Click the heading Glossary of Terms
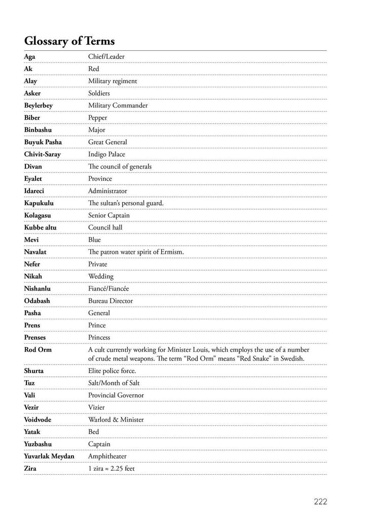tap(69, 41)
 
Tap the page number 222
tap(320, 502)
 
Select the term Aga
tap(29, 57)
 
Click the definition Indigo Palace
tap(106, 154)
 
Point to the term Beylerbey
tap(38, 106)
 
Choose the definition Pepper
tap(98, 118)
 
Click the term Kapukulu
tap(39, 203)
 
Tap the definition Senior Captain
tap(109, 215)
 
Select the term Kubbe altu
tap(40, 227)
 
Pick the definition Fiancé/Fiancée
tap(108, 288)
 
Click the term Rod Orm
tap(38, 350)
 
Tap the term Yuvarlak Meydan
tap(49, 456)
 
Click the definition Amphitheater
tap(107, 456)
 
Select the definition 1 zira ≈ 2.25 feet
tap(112, 469)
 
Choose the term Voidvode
tap(38, 420)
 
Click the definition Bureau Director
tap(110, 301)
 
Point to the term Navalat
tap(36, 252)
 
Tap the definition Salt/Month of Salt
tap(114, 383)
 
